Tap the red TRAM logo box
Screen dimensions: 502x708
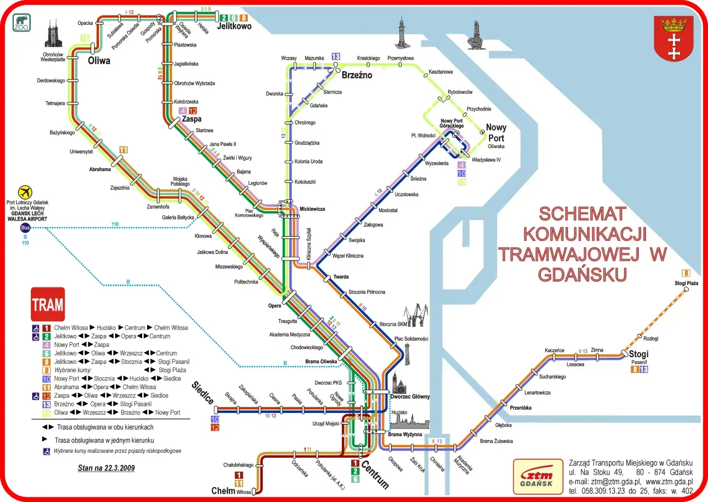coord(48,304)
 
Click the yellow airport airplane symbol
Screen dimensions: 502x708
coord(25,192)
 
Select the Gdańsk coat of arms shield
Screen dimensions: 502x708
coord(673,38)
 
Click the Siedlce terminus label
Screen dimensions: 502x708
coord(204,393)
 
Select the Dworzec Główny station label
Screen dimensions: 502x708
coord(410,396)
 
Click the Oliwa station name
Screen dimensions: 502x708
coord(99,61)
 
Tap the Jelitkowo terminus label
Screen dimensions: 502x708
coord(234,26)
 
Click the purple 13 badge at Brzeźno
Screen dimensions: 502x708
coord(336,56)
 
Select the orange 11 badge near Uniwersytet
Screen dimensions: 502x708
coord(123,150)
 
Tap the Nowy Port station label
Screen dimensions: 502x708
coord(496,133)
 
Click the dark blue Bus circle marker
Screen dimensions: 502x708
coord(25,228)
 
